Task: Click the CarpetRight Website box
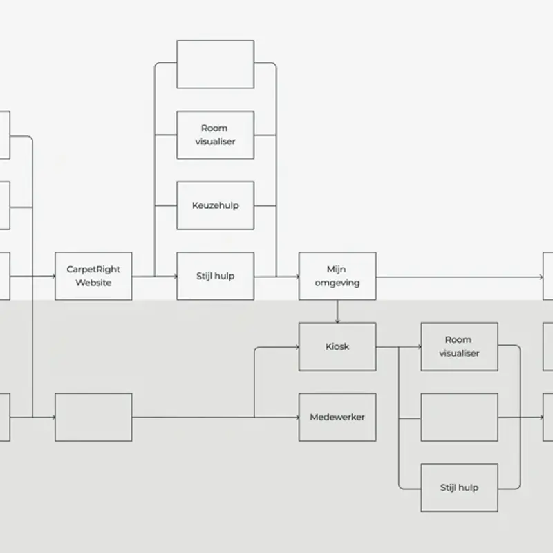[x=93, y=276]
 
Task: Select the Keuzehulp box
[x=216, y=205]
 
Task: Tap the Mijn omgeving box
[x=337, y=276]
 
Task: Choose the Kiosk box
[x=337, y=347]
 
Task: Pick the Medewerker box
[x=337, y=418]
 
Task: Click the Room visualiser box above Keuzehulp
[x=216, y=135]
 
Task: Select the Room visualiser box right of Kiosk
[x=460, y=347]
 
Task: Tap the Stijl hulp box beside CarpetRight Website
[x=216, y=276]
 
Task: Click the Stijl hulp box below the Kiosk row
[x=460, y=488]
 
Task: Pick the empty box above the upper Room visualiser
[x=216, y=64]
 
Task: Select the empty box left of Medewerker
[x=93, y=418]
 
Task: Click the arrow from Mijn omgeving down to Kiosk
[x=337, y=312]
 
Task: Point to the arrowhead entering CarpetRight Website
[x=54, y=276]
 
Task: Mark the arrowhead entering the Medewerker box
[x=298, y=418]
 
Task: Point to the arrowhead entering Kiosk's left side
[x=298, y=347]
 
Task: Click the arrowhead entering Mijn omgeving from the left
[x=298, y=276]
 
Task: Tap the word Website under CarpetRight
[x=93, y=283]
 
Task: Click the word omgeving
[x=337, y=283]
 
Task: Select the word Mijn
[x=336, y=270]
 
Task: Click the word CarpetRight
[x=93, y=270]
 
